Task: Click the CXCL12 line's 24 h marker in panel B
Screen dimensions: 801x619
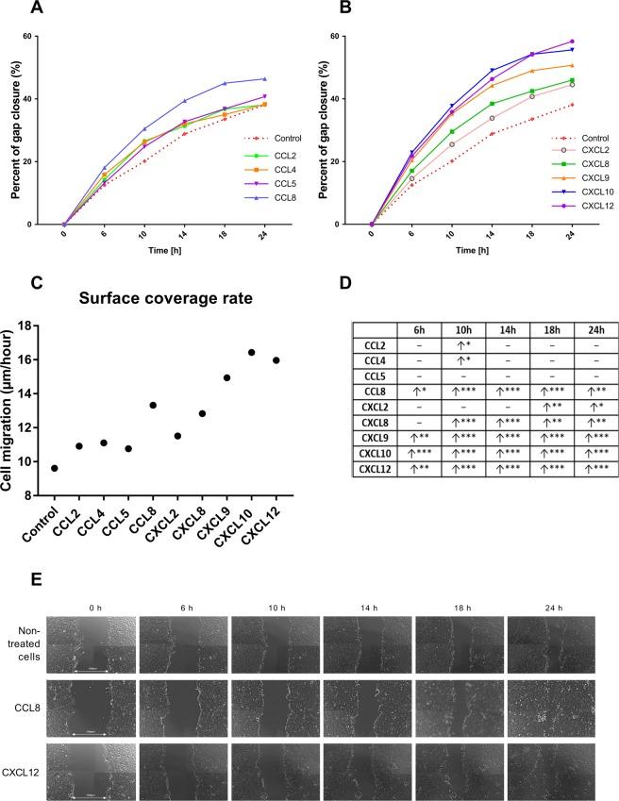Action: (x=597, y=42)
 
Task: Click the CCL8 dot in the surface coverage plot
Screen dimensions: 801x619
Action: (x=153, y=405)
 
